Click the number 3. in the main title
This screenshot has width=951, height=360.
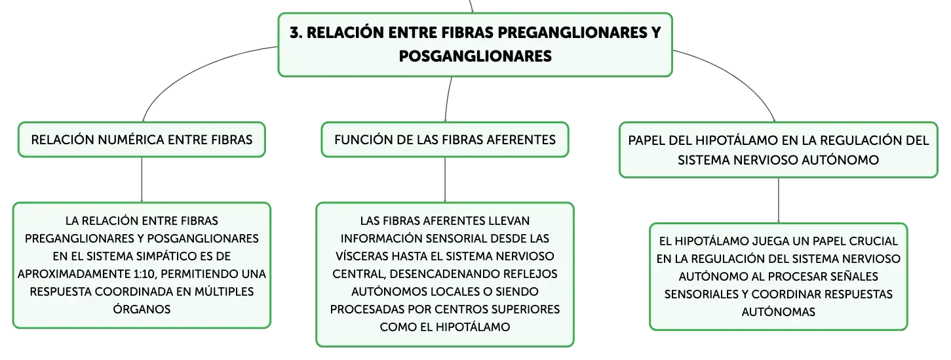point(296,33)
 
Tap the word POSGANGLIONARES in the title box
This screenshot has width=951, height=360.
point(475,56)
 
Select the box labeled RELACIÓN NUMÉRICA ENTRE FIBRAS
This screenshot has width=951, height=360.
point(142,140)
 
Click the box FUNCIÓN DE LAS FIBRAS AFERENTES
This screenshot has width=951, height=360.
point(445,140)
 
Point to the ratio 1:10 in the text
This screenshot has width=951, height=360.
point(144,274)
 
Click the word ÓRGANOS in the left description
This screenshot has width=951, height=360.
point(142,309)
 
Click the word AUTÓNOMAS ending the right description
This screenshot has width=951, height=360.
point(778,312)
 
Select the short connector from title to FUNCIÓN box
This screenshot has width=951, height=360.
point(448,99)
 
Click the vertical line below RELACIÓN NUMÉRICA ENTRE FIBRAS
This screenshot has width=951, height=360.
point(142,180)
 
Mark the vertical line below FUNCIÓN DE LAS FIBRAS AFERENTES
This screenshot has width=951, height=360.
point(445,180)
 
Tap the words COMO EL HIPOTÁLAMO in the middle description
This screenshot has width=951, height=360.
point(445,327)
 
